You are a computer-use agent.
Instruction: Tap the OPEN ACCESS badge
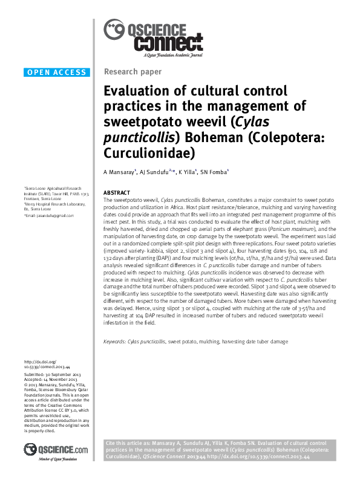pyautogui.click(x=57, y=73)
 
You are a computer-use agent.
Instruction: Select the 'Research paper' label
pyautogui.click(x=133, y=72)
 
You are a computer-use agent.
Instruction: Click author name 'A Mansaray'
pyautogui.click(x=119, y=172)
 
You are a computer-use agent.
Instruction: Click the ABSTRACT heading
pyautogui.click(x=117, y=192)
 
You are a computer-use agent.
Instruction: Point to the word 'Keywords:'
pyautogui.click(x=115, y=342)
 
